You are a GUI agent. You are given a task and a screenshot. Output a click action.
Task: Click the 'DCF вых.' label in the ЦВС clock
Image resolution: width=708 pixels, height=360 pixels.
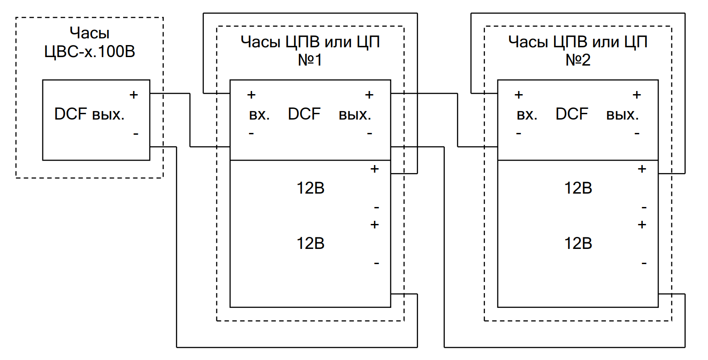coord(89,114)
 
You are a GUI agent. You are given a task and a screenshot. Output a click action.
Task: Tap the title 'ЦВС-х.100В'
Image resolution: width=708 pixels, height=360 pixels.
coord(89,52)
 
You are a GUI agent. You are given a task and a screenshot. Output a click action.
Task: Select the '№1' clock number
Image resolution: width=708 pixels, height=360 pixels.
coord(310,60)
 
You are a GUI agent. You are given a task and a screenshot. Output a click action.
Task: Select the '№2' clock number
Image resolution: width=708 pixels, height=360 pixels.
coord(578,60)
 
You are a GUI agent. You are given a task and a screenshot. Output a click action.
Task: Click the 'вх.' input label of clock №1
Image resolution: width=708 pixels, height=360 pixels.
coord(259,115)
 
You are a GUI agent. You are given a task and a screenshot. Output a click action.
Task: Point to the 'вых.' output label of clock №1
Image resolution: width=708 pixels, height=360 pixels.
coord(355,115)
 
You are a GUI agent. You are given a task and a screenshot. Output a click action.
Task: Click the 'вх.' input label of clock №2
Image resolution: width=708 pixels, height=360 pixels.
coord(527,115)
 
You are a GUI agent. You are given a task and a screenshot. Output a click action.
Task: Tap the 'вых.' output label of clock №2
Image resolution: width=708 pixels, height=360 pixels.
coord(622,115)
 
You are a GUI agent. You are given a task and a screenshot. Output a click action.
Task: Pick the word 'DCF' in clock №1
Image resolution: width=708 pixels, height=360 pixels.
coord(304,114)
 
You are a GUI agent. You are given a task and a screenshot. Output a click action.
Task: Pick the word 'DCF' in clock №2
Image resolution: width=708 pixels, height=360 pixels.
coord(571,114)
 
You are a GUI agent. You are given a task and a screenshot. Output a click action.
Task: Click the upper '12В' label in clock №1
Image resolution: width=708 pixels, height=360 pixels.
coord(311,188)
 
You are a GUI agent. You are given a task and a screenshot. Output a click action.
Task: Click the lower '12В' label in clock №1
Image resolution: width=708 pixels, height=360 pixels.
coord(311,244)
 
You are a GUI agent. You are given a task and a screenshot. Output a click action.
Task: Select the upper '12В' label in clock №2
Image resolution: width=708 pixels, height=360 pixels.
coord(578,188)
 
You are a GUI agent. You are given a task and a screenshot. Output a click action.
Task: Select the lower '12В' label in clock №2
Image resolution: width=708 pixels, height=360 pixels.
coord(578,244)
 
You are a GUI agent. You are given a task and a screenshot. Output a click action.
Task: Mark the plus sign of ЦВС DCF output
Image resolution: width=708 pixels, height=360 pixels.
coord(133,95)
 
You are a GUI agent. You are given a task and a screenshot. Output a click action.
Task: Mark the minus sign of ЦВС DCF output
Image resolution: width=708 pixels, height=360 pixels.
coord(136,134)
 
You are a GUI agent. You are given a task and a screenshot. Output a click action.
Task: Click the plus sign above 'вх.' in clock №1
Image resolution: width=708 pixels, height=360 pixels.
coord(251,95)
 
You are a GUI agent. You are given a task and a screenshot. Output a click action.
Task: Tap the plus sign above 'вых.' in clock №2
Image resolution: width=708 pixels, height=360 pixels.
coord(637,95)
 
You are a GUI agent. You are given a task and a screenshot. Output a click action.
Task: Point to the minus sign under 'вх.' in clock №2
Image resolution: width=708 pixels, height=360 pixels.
coord(518,133)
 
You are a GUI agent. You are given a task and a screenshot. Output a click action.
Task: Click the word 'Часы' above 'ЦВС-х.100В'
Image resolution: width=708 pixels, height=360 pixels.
coord(89,33)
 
